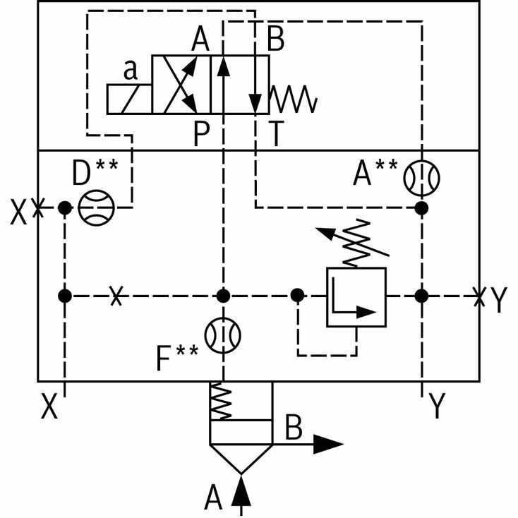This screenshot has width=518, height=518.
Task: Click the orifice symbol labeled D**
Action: coord(96,207)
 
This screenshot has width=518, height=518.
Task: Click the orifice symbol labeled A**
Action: coord(421,178)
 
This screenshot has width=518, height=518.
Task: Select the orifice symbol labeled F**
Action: coord(223,335)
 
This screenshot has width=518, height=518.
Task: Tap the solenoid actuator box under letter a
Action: coord(129,99)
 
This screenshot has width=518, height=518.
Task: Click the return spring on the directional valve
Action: coord(294,99)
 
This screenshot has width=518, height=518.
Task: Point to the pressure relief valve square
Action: coord(356,297)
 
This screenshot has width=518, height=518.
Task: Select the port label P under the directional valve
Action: coord(201,133)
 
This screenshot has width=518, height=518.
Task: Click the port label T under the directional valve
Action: coord(277,133)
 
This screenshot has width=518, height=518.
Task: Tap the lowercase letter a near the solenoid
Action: coord(131,70)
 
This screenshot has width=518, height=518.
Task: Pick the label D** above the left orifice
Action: coord(95,172)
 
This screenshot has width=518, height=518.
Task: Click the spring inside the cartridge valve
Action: coord(221,401)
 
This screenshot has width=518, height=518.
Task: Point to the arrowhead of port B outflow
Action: coord(328,445)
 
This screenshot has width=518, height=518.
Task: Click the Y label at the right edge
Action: coord(498,299)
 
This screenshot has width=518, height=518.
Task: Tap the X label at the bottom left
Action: coord(49,406)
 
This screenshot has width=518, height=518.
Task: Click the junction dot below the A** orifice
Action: coord(421,208)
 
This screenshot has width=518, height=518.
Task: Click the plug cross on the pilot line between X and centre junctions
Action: coord(116,296)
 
